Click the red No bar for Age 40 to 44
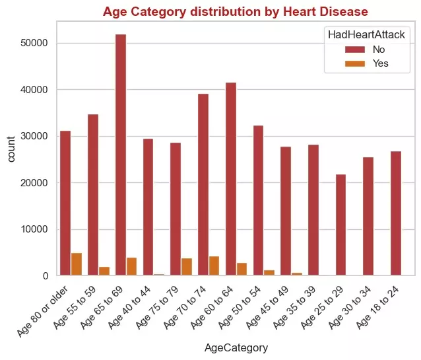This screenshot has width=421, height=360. click(x=148, y=207)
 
